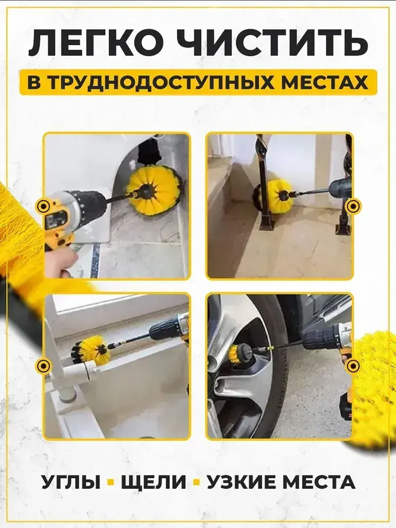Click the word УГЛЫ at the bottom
pos(71,482)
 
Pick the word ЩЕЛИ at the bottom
pos(153,482)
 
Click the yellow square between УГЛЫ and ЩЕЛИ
pos(111,482)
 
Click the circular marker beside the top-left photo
pos(42,206)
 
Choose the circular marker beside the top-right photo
pos(352,206)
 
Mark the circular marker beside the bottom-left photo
pos(42,365)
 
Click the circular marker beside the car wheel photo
pos(352,365)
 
